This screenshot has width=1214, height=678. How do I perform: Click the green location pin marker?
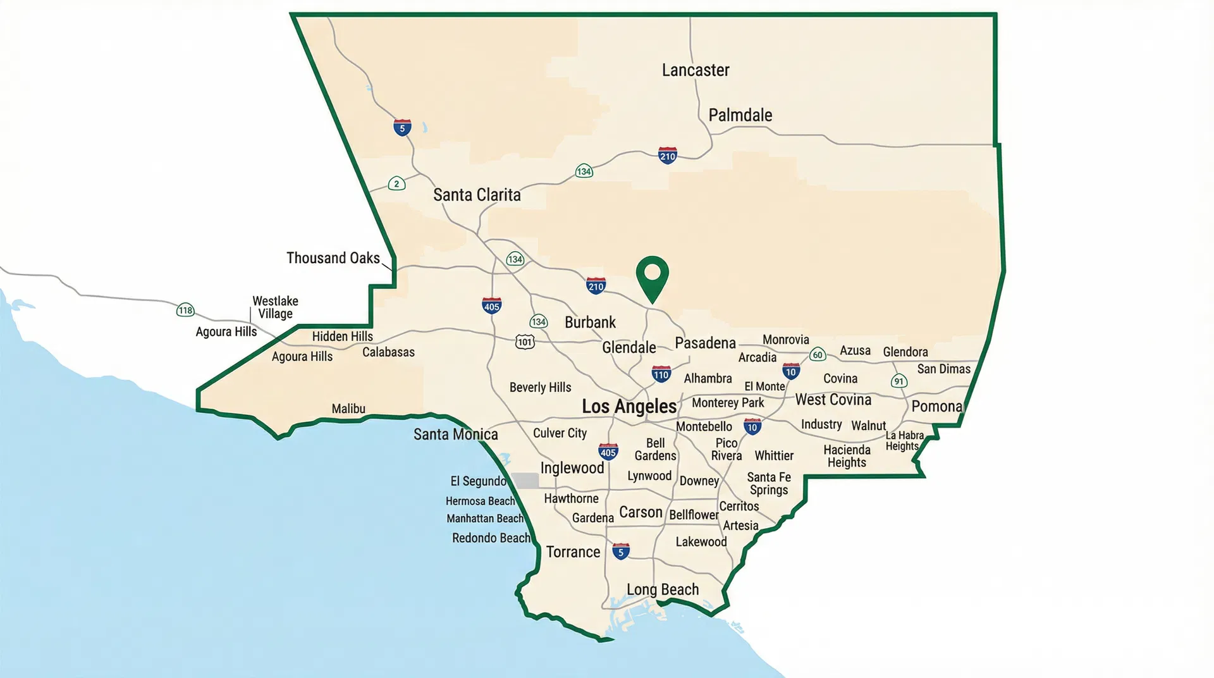(652, 276)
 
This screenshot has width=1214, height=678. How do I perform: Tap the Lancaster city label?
(696, 70)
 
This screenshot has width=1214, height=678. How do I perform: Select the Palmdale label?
(740, 115)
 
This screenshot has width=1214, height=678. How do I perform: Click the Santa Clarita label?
(477, 195)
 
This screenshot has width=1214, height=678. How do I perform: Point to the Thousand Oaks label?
(333, 258)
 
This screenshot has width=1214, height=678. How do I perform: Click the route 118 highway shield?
(185, 311)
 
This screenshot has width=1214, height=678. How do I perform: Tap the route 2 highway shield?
(396, 184)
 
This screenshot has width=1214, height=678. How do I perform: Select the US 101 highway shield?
(525, 342)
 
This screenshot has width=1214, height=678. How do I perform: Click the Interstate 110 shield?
(661, 374)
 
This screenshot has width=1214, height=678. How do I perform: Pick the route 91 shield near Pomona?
(899, 381)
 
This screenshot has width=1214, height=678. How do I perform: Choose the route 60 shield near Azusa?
(818, 355)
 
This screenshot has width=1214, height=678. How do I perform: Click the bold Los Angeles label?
(629, 407)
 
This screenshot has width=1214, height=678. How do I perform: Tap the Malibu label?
(348, 409)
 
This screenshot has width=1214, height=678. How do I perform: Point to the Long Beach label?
(663, 589)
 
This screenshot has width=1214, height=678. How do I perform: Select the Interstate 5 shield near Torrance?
(621, 552)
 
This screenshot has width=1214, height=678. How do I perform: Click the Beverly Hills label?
(540, 387)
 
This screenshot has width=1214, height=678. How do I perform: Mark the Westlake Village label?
(275, 307)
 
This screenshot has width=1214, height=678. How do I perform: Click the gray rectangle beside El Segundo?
(525, 481)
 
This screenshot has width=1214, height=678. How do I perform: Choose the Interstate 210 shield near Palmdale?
(668, 156)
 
